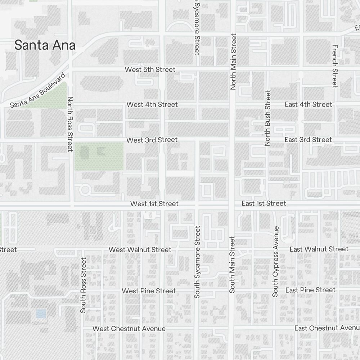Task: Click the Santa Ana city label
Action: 45,45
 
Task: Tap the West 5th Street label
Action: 150,69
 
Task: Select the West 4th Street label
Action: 152,104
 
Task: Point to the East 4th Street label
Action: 308,104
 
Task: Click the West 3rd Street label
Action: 152,140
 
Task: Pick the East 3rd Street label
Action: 308,140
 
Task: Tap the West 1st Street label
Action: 154,204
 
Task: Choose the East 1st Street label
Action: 264,203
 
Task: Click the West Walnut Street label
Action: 140,249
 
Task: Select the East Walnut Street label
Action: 319,249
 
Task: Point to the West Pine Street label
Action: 149,291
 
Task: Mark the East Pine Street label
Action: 310,290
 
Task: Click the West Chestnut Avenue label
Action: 129,329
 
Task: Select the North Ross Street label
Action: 70,123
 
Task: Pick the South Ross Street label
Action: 84,285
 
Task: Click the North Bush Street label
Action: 267,118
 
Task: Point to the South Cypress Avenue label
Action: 276,261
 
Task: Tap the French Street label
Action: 334,66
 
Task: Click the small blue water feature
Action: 41,314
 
